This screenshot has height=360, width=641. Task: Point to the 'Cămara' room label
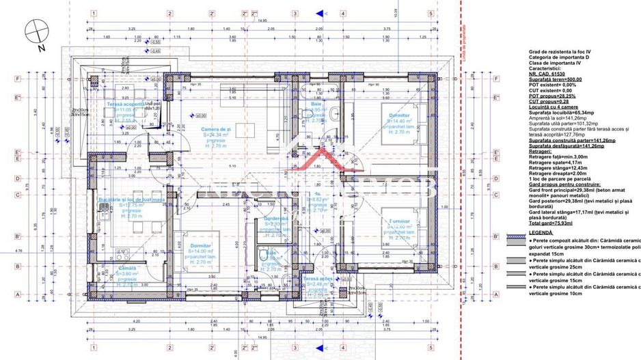128,268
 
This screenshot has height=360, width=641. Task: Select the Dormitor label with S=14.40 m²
394,115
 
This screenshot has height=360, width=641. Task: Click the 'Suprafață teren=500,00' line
555,79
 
